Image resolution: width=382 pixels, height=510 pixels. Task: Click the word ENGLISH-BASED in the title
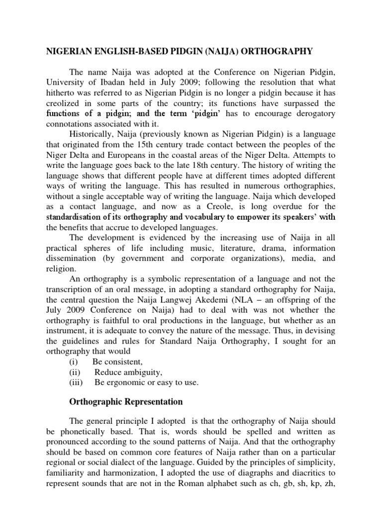122,51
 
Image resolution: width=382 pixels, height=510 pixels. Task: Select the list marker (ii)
75,372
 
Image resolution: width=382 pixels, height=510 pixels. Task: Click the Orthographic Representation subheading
126,402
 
